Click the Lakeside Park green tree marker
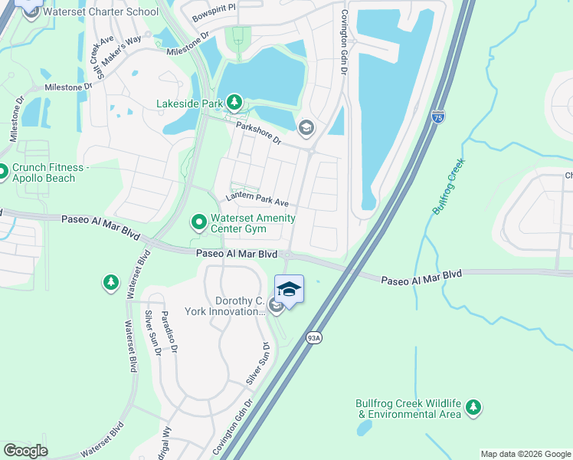coord(234,102)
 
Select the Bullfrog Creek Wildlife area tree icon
coord(474,407)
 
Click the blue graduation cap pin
coord(289,289)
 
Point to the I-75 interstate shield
coord(437,117)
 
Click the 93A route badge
coord(313,337)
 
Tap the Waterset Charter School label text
coord(101,11)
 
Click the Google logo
coord(26,450)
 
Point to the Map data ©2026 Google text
coord(525,454)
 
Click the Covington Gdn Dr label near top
coord(344,42)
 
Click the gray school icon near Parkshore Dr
coord(306,128)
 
